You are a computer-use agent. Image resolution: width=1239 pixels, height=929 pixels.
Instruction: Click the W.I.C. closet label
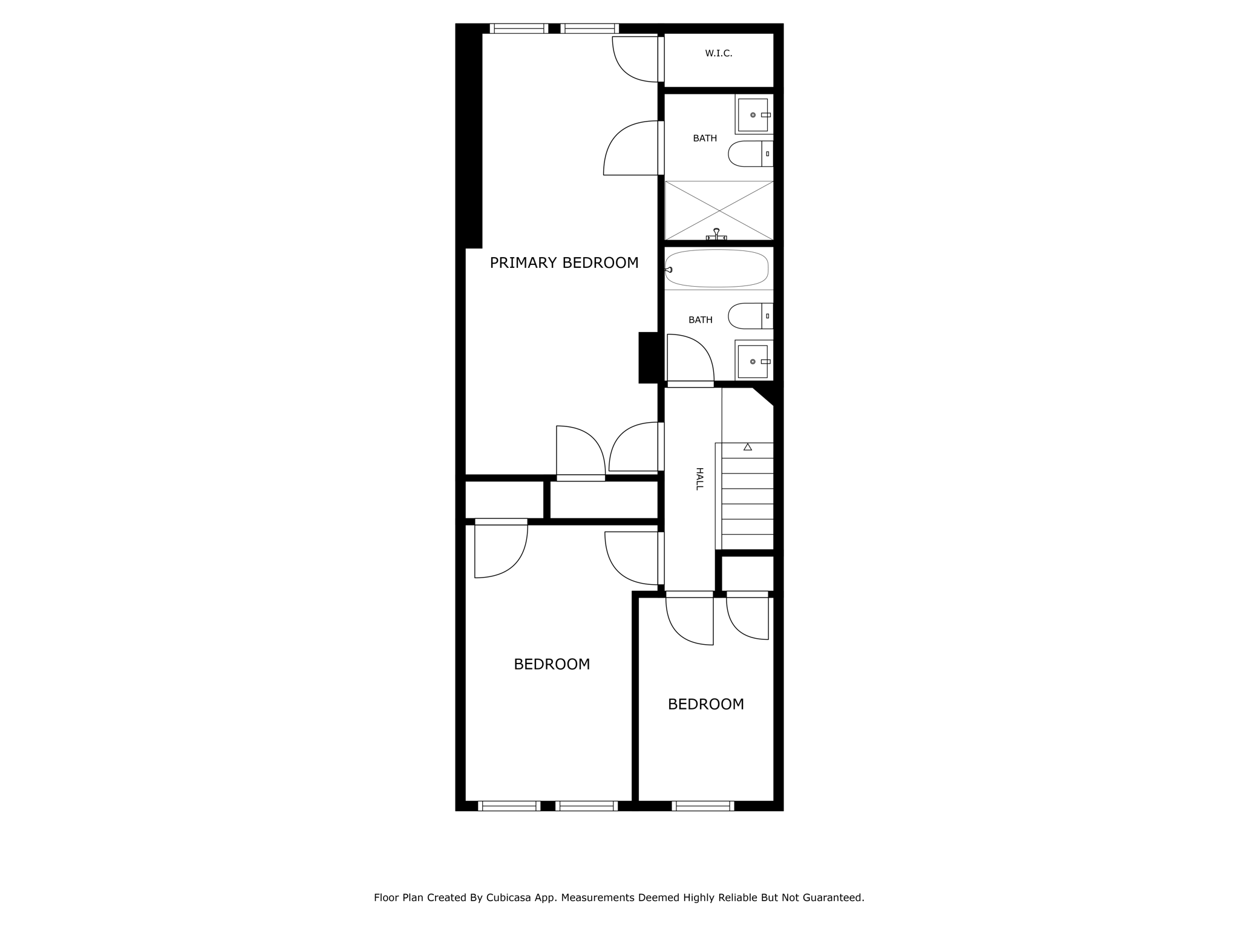(718, 54)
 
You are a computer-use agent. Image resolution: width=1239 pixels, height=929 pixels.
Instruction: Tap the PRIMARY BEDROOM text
(564, 263)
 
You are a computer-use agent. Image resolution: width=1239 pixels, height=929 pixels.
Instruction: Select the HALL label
(699, 478)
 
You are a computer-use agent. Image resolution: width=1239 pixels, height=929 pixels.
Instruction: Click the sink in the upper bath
(753, 115)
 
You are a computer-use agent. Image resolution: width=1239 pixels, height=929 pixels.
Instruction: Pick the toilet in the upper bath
(750, 154)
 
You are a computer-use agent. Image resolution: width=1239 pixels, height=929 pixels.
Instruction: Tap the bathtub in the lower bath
(717, 269)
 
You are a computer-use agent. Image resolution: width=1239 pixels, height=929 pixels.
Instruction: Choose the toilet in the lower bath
(750, 316)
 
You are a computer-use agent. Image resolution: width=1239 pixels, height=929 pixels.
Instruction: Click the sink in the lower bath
(753, 362)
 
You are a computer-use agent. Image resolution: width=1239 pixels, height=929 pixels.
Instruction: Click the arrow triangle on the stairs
(748, 447)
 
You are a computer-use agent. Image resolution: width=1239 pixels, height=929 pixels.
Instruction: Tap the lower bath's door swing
(690, 358)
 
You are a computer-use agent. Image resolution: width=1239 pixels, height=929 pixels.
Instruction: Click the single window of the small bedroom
(702, 806)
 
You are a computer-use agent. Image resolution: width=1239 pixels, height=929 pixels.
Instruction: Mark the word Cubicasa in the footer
(509, 898)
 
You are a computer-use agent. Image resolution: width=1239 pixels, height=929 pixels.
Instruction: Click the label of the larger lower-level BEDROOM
(552, 664)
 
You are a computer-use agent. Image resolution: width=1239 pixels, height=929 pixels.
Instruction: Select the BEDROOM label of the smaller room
(705, 704)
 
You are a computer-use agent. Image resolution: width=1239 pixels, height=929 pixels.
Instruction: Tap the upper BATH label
(705, 139)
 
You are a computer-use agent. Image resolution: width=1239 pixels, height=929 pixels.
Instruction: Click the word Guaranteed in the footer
(833, 898)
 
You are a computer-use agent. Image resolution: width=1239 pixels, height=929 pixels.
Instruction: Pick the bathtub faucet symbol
(669, 270)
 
